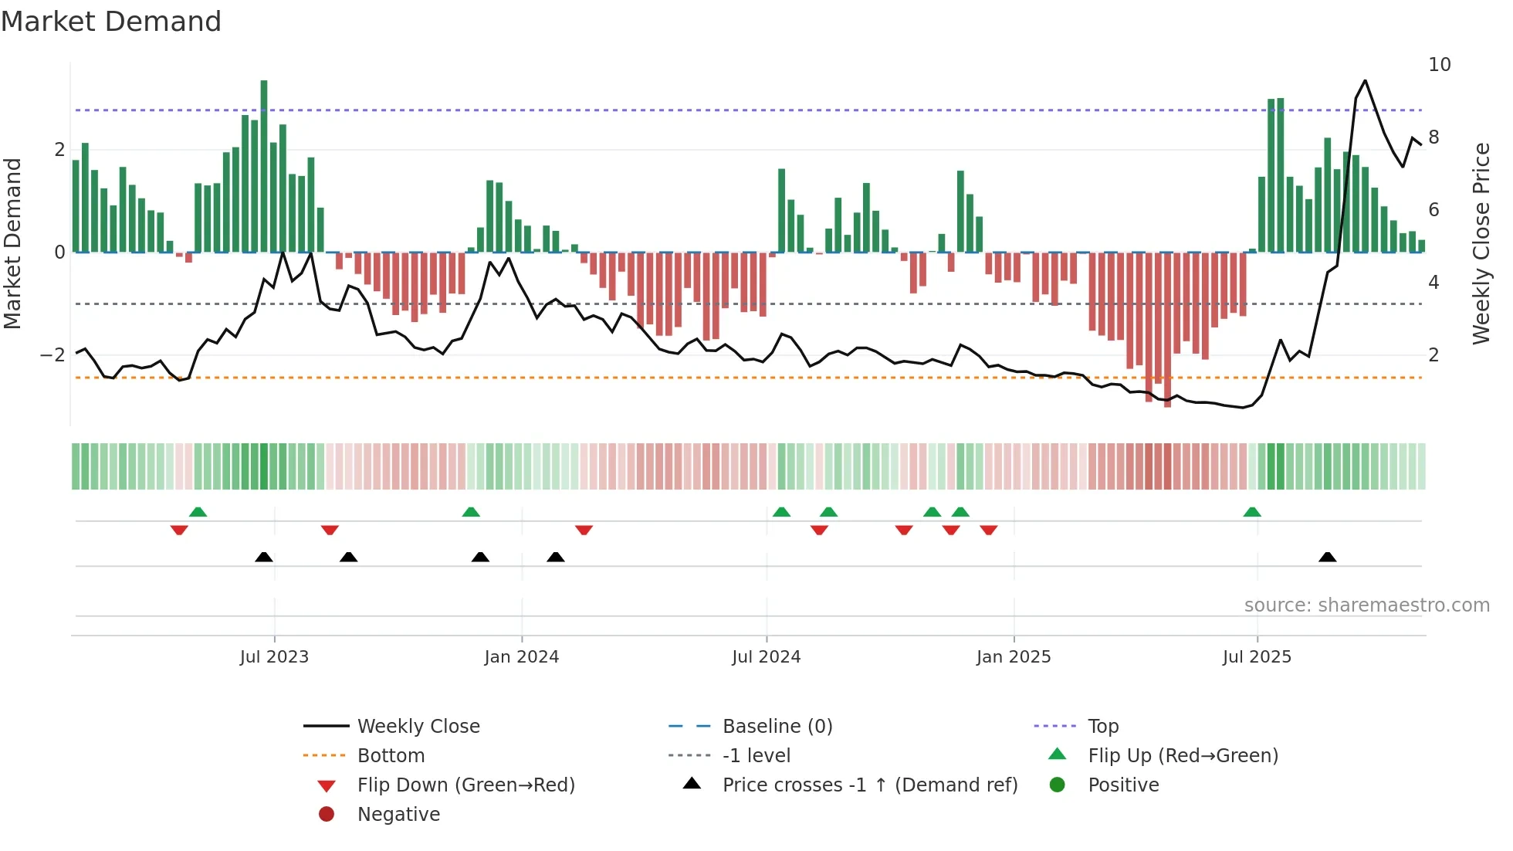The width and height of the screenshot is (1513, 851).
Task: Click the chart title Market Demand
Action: click(x=111, y=22)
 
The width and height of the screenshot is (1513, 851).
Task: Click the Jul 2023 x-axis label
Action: click(x=274, y=657)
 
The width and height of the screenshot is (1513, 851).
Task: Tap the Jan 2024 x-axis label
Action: click(x=521, y=657)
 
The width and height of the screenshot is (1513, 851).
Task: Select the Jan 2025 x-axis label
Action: click(x=1013, y=657)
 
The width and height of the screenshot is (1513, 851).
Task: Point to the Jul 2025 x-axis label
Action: click(x=1257, y=657)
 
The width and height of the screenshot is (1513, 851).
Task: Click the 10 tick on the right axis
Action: click(x=1439, y=65)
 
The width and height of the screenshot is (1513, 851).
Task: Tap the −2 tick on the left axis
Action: click(x=52, y=355)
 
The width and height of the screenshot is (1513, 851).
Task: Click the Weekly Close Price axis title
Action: click(x=1481, y=243)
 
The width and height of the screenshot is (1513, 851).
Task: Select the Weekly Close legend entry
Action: click(x=418, y=727)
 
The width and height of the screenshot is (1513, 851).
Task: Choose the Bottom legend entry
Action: click(x=391, y=756)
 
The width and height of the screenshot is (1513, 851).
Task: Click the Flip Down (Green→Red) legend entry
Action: click(x=465, y=785)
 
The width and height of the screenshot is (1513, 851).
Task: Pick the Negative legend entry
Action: click(x=398, y=815)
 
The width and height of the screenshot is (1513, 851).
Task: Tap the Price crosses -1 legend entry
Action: click(x=869, y=785)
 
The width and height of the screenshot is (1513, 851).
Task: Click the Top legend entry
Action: click(x=1102, y=727)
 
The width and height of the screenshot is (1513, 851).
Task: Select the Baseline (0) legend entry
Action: click(x=777, y=727)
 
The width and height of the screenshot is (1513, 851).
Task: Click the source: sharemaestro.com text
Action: click(x=1366, y=605)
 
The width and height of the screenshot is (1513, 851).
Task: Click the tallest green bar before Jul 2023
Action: click(x=264, y=166)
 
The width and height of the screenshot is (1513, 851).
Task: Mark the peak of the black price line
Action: click(x=1365, y=81)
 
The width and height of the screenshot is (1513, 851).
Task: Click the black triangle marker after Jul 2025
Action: click(x=1327, y=558)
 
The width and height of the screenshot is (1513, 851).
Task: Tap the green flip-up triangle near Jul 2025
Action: click(x=1252, y=512)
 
